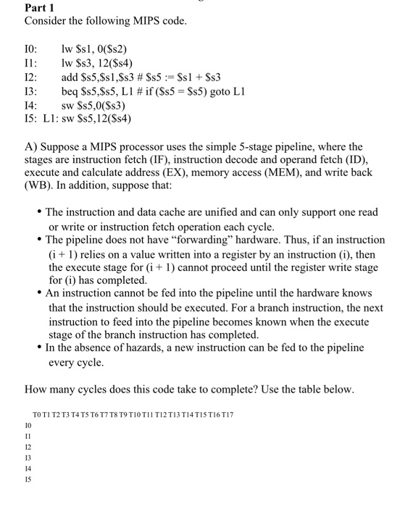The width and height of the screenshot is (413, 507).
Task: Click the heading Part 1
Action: (39, 8)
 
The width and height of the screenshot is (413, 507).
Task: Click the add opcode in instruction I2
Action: (70, 77)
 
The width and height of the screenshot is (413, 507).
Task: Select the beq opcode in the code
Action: (70, 91)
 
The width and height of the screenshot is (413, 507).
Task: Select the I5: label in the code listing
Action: (31, 119)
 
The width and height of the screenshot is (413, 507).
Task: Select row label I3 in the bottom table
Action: (28, 457)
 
